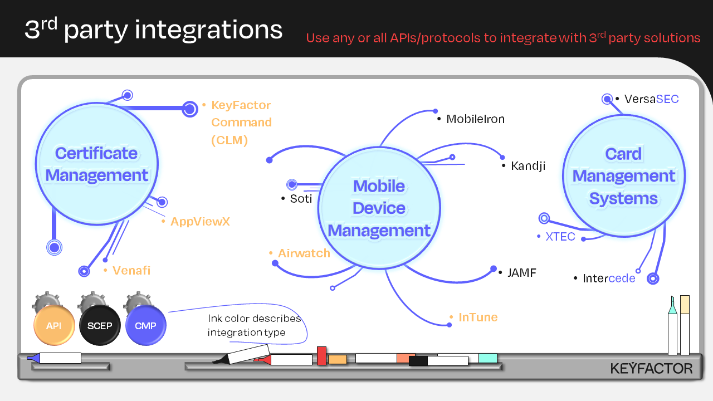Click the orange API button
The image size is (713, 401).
click(x=54, y=326)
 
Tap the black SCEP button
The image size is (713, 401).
click(x=100, y=326)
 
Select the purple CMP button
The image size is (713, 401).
click(x=145, y=326)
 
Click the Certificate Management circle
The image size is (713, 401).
click(x=97, y=164)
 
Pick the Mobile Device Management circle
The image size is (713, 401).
click(x=379, y=208)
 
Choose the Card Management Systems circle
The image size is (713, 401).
click(x=623, y=176)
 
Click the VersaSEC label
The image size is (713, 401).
click(x=651, y=99)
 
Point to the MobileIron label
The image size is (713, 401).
click(x=475, y=119)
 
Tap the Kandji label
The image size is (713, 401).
click(x=528, y=165)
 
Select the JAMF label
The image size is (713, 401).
click(x=521, y=273)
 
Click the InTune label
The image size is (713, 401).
click(x=477, y=317)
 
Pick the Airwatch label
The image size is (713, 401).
click(x=304, y=253)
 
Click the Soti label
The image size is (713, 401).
click(x=301, y=199)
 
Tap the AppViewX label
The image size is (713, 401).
click(x=199, y=222)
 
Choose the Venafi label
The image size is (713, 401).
click(x=131, y=271)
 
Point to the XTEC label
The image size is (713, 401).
click(x=560, y=236)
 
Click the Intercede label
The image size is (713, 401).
click(x=608, y=278)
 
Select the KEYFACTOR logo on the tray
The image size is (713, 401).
click(x=651, y=368)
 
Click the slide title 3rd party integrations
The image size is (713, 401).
click(x=153, y=30)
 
